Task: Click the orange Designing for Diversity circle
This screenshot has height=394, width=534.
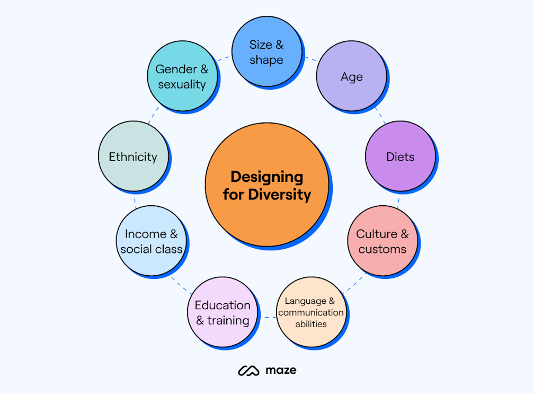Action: tap(266, 185)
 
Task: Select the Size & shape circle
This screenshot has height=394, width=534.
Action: tap(266, 52)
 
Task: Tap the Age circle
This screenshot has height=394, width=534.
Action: tap(351, 76)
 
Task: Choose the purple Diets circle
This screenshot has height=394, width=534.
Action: tap(400, 157)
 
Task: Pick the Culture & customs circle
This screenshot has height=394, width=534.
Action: tap(382, 241)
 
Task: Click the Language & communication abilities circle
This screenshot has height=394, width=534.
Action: tap(311, 312)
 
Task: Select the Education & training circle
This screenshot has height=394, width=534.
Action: tap(222, 312)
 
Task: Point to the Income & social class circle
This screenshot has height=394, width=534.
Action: tap(152, 241)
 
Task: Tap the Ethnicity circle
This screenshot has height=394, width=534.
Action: tap(133, 157)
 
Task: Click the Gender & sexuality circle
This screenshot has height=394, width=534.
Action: tap(182, 76)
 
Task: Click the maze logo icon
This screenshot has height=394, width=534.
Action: tap(248, 370)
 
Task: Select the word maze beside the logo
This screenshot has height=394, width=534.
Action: tap(281, 370)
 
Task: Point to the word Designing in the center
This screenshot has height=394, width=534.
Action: tap(266, 177)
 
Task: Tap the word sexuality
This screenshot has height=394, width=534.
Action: tap(182, 84)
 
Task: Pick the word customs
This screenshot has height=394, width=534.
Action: tap(382, 249)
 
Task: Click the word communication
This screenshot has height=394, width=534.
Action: tap(311, 312)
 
